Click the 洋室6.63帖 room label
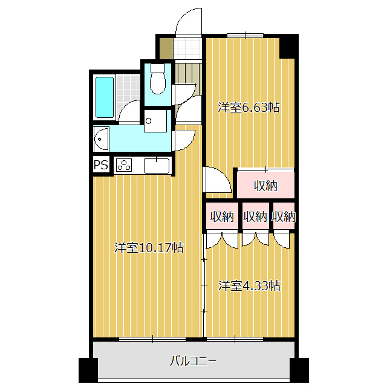249,108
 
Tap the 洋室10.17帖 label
149,247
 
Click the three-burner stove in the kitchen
125,165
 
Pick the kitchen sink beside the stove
156,165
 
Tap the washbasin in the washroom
101,140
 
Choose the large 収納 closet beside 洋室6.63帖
265,186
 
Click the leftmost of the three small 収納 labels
222,216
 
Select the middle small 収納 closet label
255,216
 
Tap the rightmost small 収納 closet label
283,216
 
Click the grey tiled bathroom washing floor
128,88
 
